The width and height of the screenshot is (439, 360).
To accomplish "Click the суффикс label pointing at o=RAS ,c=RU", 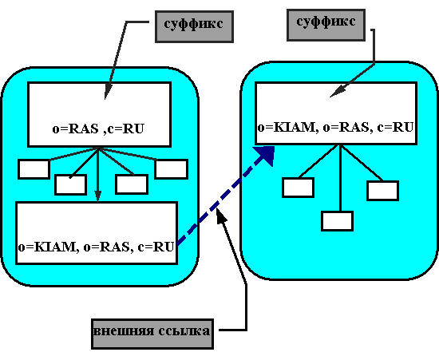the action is pos(194,26).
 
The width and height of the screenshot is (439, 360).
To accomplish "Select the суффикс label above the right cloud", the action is pos(326,25).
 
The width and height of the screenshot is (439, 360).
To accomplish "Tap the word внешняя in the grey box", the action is pos(124,331).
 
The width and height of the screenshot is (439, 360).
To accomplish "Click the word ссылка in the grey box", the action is pos(184,331).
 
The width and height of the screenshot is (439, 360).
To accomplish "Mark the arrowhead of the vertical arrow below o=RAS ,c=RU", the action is pos(97,196).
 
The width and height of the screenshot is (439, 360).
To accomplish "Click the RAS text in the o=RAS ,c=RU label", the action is pos(84,129).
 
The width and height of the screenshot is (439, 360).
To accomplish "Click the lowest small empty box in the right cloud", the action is pos(337,221).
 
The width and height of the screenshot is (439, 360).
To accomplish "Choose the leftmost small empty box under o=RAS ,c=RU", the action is pos(34,168).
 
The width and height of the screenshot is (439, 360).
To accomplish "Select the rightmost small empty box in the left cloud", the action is pos(172,168).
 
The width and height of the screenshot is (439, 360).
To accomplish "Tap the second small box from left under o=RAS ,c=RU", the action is pos(70,184).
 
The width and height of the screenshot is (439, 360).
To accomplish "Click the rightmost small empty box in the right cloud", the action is pos(382,191).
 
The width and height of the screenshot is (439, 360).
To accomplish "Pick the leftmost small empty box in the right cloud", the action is pos(298,188).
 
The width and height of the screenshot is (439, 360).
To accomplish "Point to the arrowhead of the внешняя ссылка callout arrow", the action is pos(221,215).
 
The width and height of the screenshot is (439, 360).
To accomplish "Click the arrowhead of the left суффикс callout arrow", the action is pos(107,92).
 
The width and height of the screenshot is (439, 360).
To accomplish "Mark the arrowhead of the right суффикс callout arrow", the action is pos(338,92).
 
